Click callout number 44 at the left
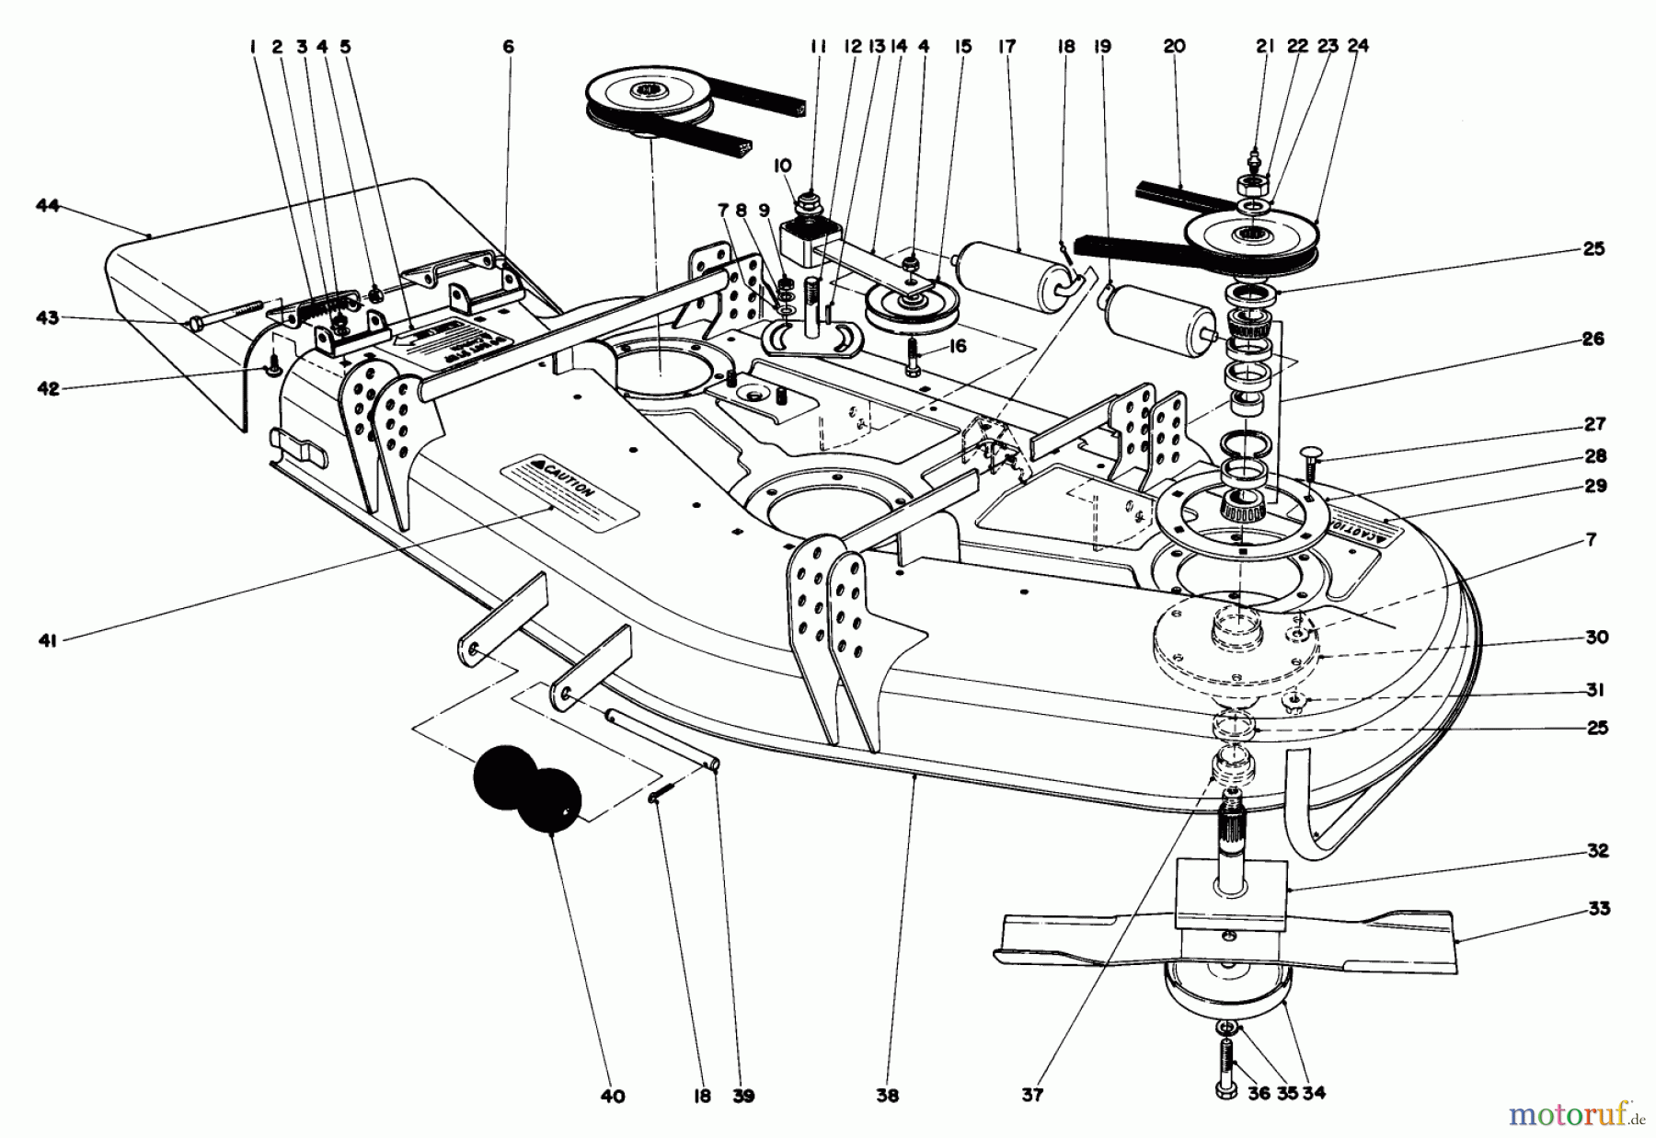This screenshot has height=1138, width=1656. pos(47,206)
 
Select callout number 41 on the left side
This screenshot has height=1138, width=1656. pos(47,640)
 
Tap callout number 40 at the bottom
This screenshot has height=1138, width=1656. pos(613,1096)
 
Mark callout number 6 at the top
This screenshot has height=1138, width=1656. pos(508,46)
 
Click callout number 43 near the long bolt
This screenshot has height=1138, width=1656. pos(47,318)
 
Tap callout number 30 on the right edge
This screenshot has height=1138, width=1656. pos(1597,638)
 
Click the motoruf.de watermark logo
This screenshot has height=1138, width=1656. pos(1575,1114)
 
